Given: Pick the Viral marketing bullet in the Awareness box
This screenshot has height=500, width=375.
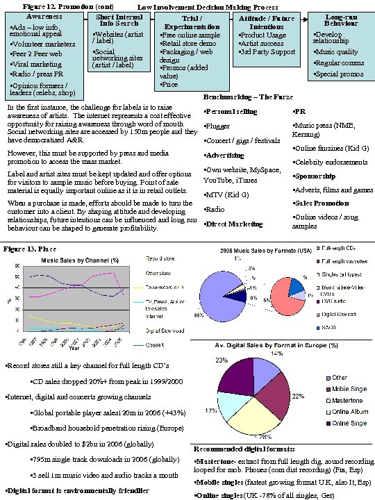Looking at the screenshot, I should (x=32, y=63).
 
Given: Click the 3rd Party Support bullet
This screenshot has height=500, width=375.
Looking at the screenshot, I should (x=267, y=52).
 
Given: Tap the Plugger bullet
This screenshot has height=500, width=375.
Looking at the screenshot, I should (x=217, y=126).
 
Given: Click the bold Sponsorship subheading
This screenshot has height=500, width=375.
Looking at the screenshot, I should (x=313, y=176).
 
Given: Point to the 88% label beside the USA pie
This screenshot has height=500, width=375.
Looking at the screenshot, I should (x=199, y=316).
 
